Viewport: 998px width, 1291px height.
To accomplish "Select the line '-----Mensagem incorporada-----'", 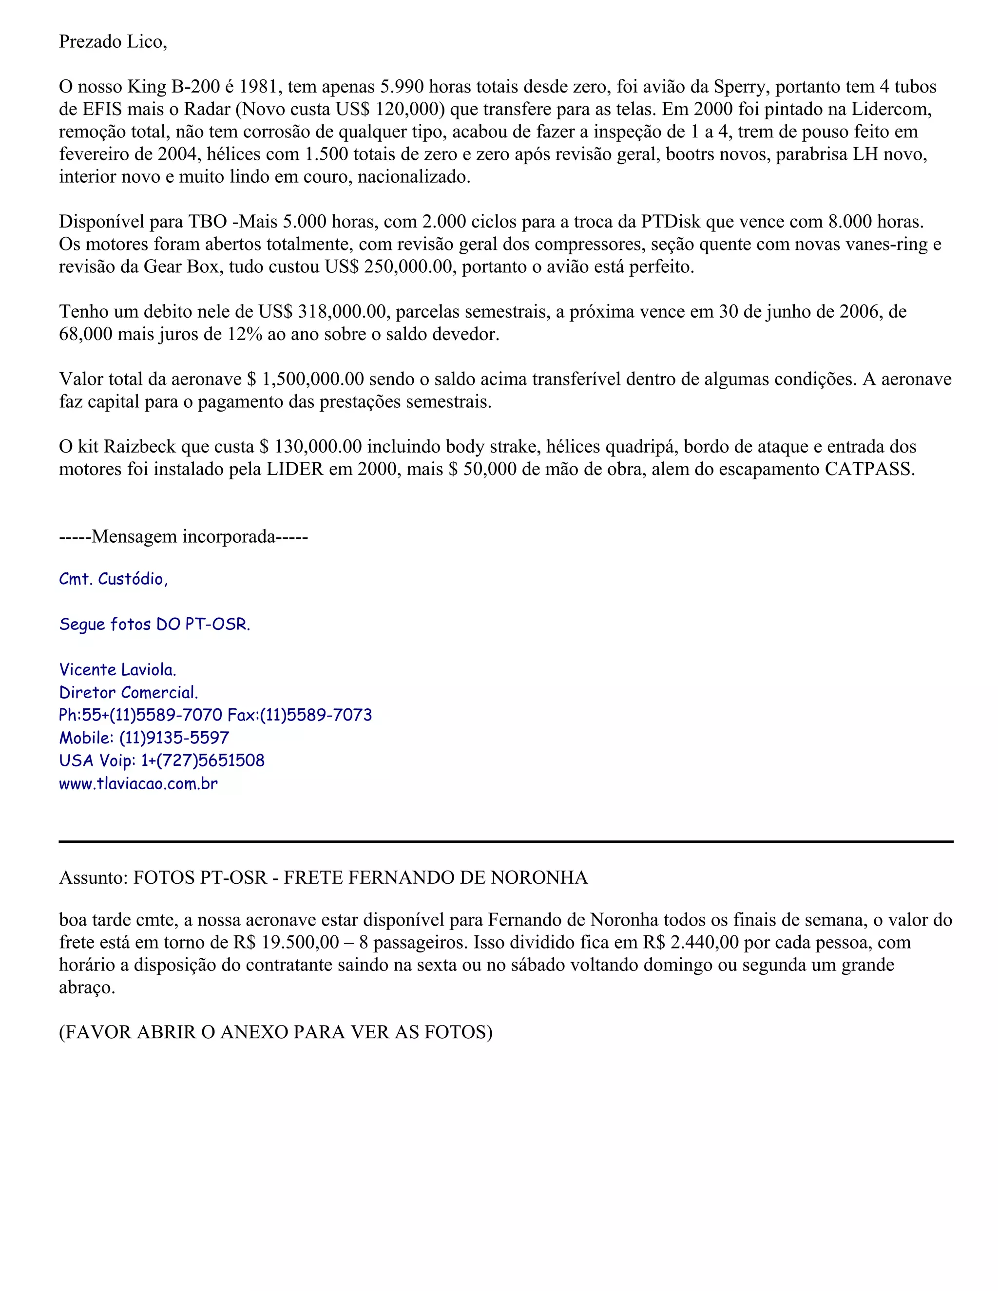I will [183, 536].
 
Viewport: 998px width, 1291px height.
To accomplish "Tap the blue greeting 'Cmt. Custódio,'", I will [114, 579].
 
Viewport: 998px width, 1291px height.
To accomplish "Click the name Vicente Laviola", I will [117, 670].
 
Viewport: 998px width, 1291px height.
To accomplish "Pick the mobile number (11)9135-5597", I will [174, 738].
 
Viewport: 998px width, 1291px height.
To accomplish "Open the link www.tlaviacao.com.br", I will [138, 784].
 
